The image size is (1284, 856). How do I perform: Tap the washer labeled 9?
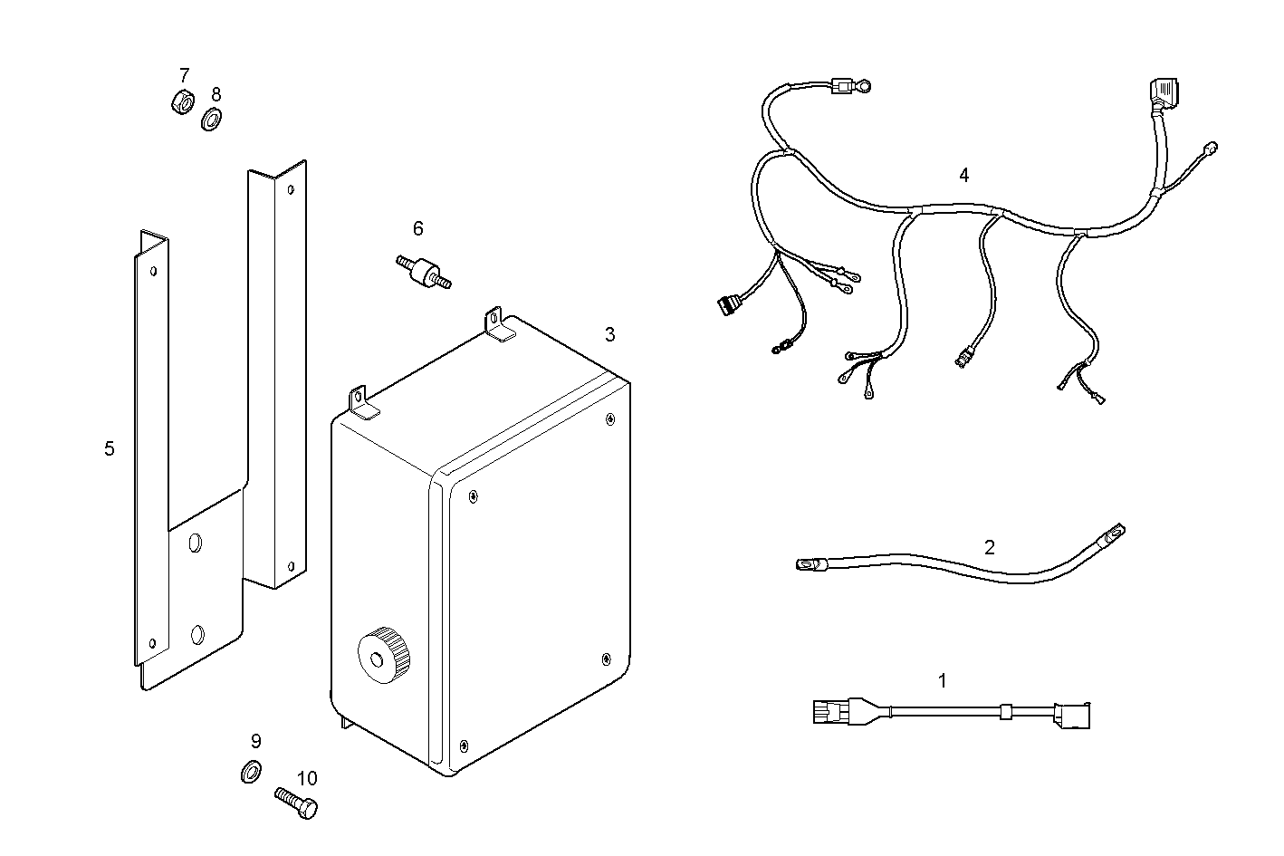(x=251, y=772)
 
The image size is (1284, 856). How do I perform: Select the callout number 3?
(x=609, y=334)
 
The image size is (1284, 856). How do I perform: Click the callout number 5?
(x=110, y=448)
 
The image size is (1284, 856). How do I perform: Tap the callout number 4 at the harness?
(x=963, y=175)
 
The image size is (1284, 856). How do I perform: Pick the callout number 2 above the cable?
(x=989, y=547)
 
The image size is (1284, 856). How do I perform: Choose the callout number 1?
(x=942, y=680)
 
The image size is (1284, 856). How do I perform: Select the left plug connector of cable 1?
(x=829, y=713)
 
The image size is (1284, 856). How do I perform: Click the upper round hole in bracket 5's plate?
(x=195, y=543)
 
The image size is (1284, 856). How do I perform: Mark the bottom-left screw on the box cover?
(x=464, y=745)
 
